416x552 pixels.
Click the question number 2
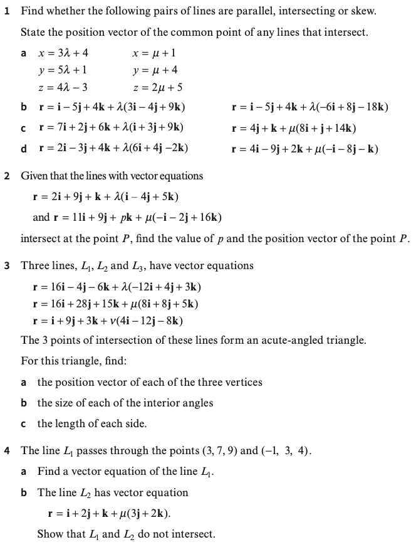tap(7, 176)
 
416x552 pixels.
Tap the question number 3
tap(7, 265)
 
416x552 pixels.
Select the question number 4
tap(7, 451)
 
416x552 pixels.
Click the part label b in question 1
tap(23, 107)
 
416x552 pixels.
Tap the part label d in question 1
tap(23, 149)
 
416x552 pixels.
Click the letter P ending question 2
tap(403, 238)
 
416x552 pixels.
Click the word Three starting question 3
tap(34, 265)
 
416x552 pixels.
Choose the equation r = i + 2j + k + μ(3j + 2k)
tap(109, 514)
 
